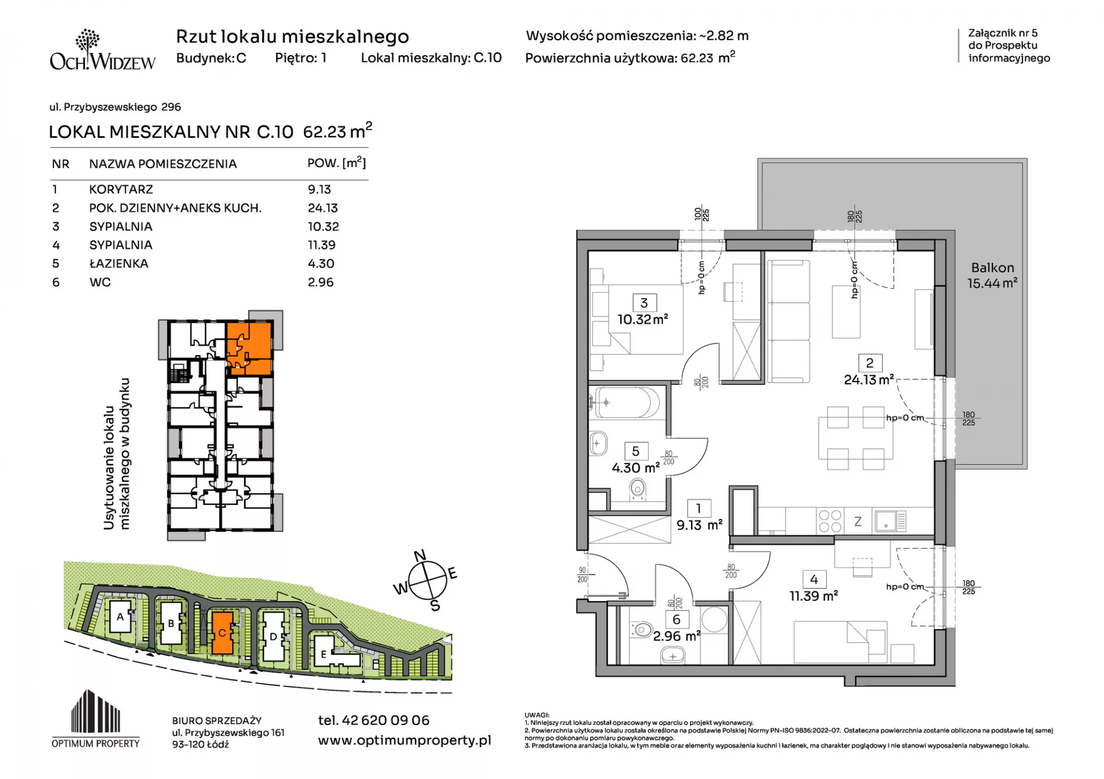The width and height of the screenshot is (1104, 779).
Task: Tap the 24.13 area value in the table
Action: pyautogui.click(x=323, y=208)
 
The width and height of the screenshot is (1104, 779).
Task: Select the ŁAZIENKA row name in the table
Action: pyautogui.click(x=118, y=264)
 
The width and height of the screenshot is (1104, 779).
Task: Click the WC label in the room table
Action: pyautogui.click(x=100, y=282)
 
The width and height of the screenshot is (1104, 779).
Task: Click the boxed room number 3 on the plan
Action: pyautogui.click(x=644, y=303)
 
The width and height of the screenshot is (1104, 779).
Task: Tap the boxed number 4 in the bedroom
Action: pyautogui.click(x=814, y=580)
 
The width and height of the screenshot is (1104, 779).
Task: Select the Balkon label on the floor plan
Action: pyautogui.click(x=992, y=268)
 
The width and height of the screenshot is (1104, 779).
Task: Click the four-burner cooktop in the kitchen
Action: pyautogui.click(x=830, y=521)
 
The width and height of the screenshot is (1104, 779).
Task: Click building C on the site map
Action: pyautogui.click(x=222, y=633)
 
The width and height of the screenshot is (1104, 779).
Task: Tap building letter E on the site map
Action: pyautogui.click(x=323, y=654)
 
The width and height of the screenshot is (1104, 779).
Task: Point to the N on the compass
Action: pyautogui.click(x=420, y=556)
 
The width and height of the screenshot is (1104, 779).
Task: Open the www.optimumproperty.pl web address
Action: pyautogui.click(x=404, y=740)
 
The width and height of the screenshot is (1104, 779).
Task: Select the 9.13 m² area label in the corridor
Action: pyautogui.click(x=699, y=525)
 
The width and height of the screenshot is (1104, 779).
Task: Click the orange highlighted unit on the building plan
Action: pyautogui.click(x=248, y=348)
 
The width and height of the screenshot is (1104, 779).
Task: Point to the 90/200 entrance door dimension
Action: pyautogui.click(x=582, y=575)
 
